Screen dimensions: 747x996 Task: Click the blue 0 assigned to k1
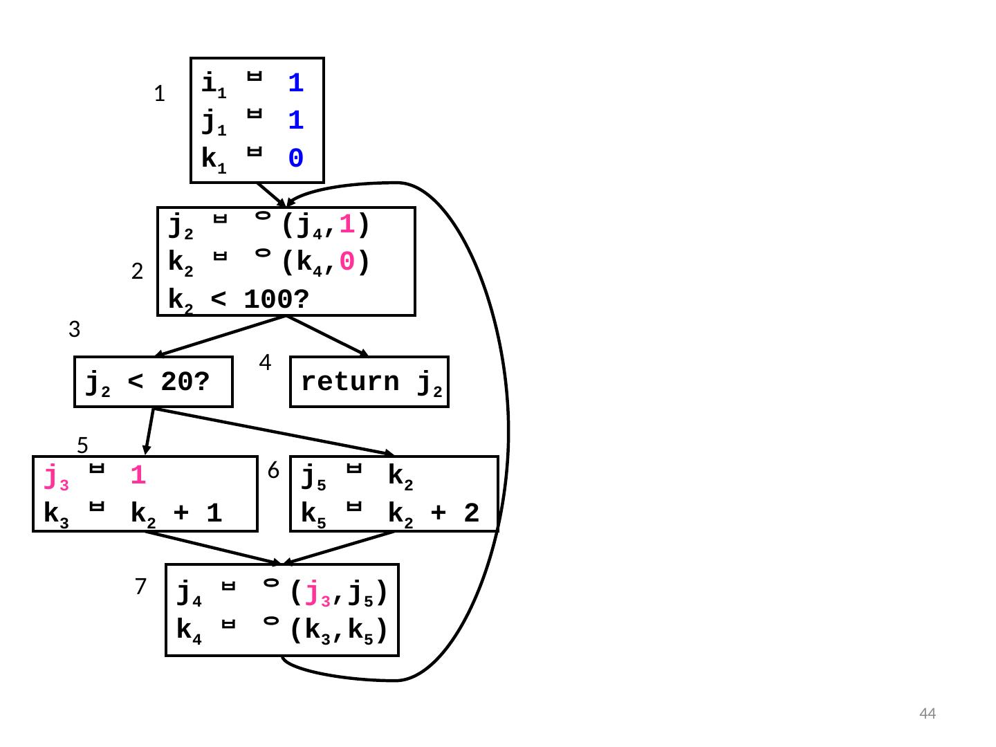295,159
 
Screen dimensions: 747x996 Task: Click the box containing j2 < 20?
154,381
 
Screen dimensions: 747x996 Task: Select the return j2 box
369,381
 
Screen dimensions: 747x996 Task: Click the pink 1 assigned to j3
138,476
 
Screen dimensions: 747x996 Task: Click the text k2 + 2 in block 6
434,514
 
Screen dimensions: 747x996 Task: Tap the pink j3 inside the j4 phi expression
314,593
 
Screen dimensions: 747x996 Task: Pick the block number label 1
159,94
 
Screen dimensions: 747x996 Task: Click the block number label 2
137,273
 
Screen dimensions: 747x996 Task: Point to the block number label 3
75,330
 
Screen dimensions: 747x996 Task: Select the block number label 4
265,362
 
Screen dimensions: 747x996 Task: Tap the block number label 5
82,443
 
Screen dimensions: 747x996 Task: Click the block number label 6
273,471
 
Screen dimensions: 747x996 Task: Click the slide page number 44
927,714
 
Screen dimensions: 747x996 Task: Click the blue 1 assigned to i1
295,84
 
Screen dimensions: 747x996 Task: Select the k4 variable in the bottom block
189,631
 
